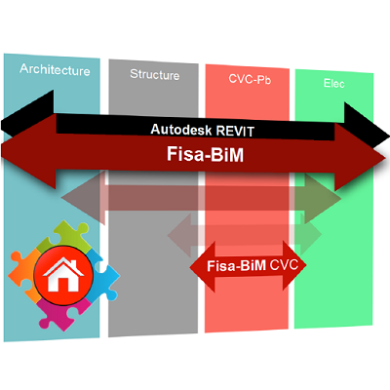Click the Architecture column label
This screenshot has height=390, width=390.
(55, 69)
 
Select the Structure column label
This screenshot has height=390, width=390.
(155, 74)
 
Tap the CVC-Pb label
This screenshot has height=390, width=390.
(250, 79)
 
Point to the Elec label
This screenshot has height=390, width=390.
(334, 83)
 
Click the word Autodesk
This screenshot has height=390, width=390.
(181, 130)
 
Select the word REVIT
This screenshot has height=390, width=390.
(235, 132)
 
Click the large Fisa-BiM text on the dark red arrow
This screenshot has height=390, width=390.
(205, 154)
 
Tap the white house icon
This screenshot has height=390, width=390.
(63, 275)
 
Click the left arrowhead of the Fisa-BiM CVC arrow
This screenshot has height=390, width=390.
(203, 266)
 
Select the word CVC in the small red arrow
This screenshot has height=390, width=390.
(284, 264)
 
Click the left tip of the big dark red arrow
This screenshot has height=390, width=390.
(1, 152)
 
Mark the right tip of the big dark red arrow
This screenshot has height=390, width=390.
(386, 159)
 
